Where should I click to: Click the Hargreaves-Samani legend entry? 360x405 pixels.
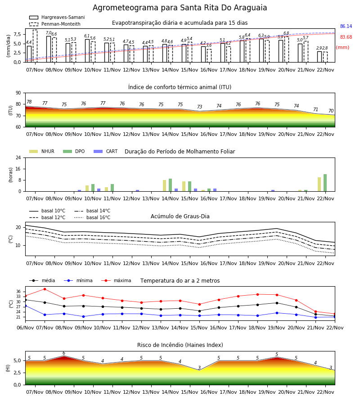pos(57,17)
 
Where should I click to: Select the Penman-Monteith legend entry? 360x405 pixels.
pos(55,24)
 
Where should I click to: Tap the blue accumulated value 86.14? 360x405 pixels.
pos(346,27)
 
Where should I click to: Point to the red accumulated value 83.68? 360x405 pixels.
pos(346,37)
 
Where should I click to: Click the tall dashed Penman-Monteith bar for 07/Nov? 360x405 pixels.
pos(35,46)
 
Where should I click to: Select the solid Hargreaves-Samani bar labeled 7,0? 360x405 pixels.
pos(49,49)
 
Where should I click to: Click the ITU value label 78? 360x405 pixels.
pos(29,102)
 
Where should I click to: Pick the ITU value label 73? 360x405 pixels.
pos(200,107)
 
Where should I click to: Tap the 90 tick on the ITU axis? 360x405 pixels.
pos(18,93)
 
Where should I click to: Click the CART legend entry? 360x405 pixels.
pos(105,151)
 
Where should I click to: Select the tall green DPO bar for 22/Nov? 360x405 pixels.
pos(325,183)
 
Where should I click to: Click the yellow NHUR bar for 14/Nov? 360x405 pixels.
pos(165,186)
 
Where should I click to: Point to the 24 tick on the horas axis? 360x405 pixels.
pos(18,157)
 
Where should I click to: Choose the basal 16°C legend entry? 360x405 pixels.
pos(92,217)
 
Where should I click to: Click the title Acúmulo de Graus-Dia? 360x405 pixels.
pos(180,216)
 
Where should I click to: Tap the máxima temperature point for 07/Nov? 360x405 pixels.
pos(45,289)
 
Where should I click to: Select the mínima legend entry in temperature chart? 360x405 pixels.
pos(78,280)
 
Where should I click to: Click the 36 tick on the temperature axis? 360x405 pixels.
pos(18,292)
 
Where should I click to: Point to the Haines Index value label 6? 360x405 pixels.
pos(64,353)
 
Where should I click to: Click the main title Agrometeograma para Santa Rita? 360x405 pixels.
pos(180,8)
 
